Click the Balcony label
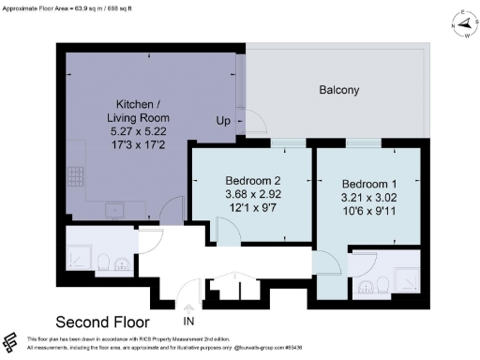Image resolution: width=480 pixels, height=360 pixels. (x=337, y=90)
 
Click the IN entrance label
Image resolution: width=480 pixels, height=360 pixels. (x=188, y=322)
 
